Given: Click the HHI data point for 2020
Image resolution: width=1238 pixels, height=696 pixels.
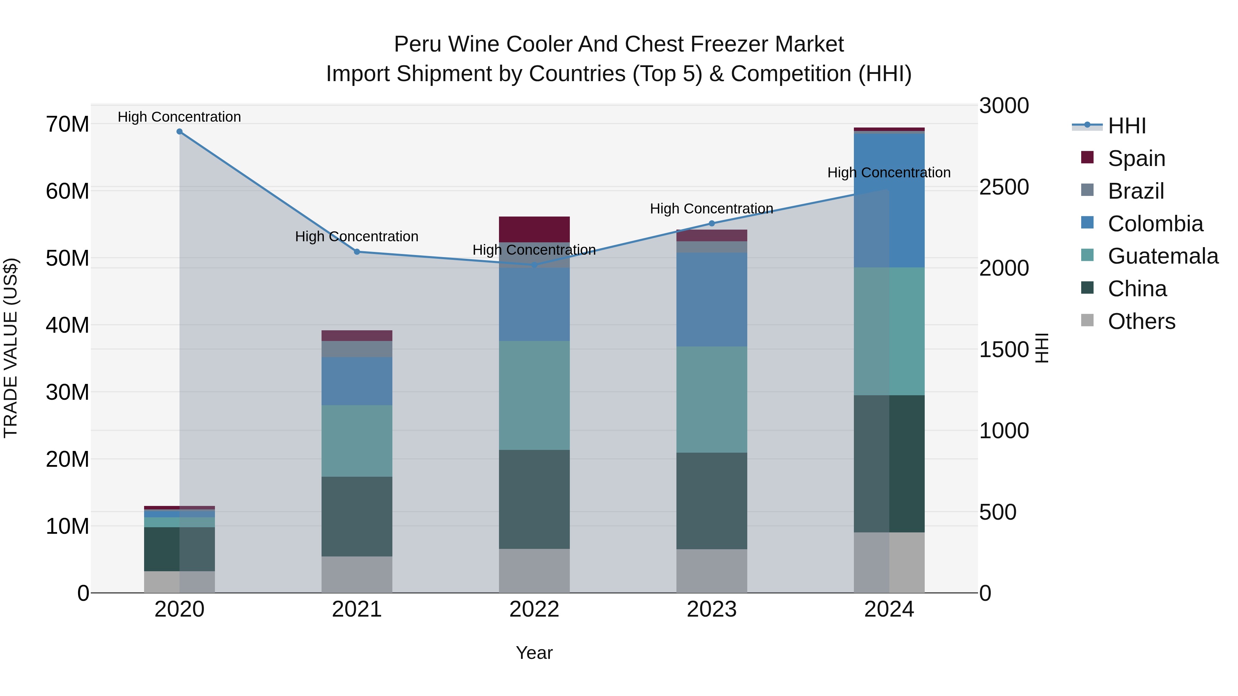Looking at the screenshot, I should click(179, 132).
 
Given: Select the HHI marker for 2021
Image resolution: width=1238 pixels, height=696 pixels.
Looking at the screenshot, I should click(357, 252).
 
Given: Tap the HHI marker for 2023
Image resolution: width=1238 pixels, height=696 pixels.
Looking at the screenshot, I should click(712, 223).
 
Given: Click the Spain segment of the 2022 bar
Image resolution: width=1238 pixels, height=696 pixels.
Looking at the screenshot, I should click(534, 229).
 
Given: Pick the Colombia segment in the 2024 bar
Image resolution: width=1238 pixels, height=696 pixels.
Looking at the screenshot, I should click(889, 200).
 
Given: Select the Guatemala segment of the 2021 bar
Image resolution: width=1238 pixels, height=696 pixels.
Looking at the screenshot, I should click(357, 441).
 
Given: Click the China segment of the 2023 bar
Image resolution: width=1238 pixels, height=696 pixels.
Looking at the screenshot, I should click(712, 500).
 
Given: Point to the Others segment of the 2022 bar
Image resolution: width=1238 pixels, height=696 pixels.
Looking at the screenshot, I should click(534, 571).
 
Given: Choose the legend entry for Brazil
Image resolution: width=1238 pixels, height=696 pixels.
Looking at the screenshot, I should click(1136, 191).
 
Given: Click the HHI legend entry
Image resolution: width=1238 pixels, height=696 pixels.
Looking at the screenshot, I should click(1127, 126).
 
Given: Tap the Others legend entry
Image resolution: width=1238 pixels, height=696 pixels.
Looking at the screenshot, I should click(1141, 321).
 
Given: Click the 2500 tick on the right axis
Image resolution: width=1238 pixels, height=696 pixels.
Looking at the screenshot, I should click(1004, 187).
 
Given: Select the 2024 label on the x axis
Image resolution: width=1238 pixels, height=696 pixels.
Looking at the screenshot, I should click(889, 609).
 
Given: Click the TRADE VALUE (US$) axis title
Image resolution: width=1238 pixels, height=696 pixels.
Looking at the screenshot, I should click(11, 348).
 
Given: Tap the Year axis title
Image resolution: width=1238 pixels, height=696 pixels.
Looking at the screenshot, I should click(534, 653).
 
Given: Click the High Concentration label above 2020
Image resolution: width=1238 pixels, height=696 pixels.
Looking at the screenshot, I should click(179, 117).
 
